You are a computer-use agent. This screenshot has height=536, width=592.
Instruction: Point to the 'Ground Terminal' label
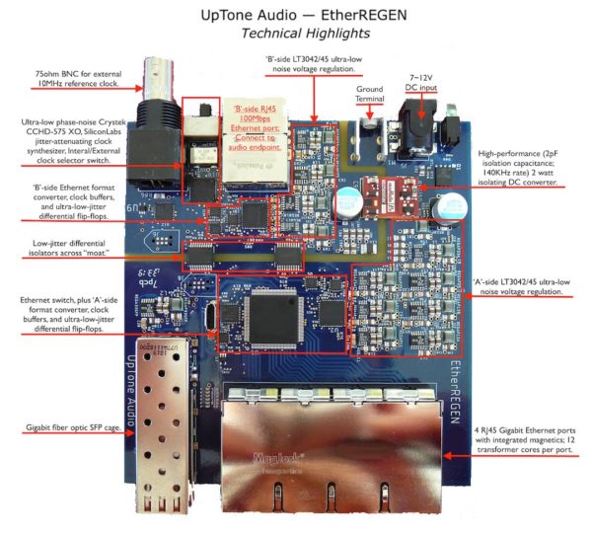(368, 92)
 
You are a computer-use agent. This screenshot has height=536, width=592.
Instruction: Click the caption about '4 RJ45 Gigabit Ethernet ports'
(516, 455)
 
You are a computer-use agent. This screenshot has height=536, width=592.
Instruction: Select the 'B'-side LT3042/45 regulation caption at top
(313, 65)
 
